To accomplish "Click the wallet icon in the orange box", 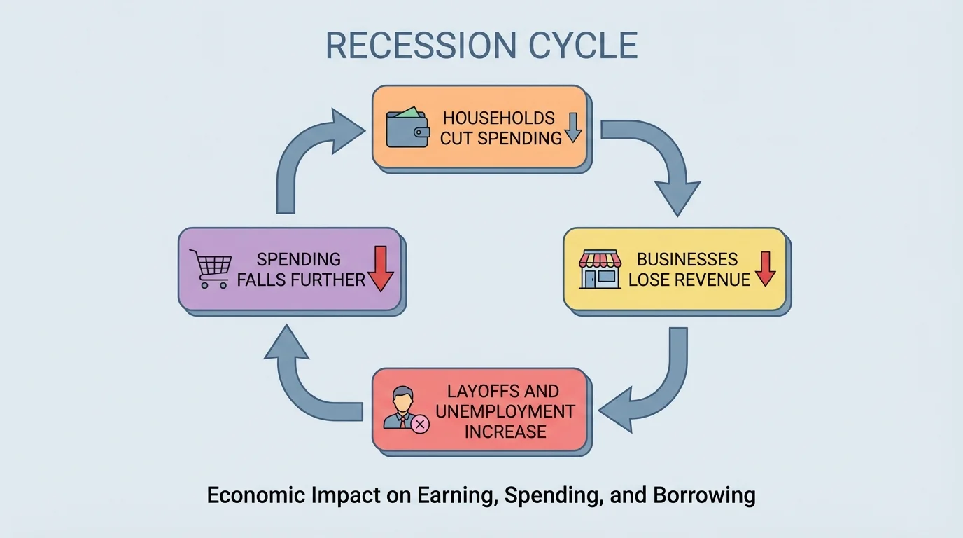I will coord(407,127).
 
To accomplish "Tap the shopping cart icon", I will coord(211,269).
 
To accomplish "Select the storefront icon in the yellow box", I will coord(600,270).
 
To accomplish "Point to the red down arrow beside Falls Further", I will coord(381,268).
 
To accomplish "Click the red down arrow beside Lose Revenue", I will coord(765,268).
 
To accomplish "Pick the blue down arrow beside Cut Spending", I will coord(573,127).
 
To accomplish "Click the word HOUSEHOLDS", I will coord(498,118).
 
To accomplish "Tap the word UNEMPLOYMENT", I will coord(505,411).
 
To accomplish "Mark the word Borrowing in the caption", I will coord(704,495).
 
